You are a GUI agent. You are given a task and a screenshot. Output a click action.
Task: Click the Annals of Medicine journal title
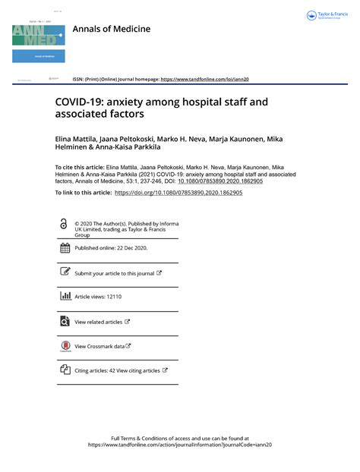point(111,29)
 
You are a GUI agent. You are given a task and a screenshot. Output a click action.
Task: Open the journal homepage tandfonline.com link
point(205,79)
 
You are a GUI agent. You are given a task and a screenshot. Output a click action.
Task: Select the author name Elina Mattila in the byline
point(79,140)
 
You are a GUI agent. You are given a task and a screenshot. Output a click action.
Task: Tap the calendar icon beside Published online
point(65,248)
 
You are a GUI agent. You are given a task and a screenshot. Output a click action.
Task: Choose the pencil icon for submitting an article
point(65,272)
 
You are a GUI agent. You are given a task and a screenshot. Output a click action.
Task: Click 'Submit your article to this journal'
point(114,273)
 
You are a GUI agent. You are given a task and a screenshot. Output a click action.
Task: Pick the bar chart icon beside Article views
point(65,297)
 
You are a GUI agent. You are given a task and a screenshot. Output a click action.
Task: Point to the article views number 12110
point(113,297)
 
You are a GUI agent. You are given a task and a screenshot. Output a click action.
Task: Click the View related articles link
point(99,322)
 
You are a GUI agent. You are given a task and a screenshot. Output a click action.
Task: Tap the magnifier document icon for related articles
point(65,321)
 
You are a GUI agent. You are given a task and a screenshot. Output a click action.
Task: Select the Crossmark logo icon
point(65,346)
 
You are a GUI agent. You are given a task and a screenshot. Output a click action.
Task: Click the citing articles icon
point(65,370)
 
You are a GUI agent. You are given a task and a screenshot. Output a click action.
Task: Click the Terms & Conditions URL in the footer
point(180,445)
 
